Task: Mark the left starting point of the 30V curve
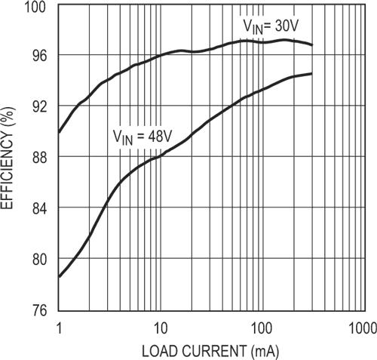click(x=59, y=132)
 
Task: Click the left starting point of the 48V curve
click(x=59, y=276)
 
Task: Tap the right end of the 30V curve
click(x=311, y=45)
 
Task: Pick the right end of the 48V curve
click(x=311, y=73)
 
